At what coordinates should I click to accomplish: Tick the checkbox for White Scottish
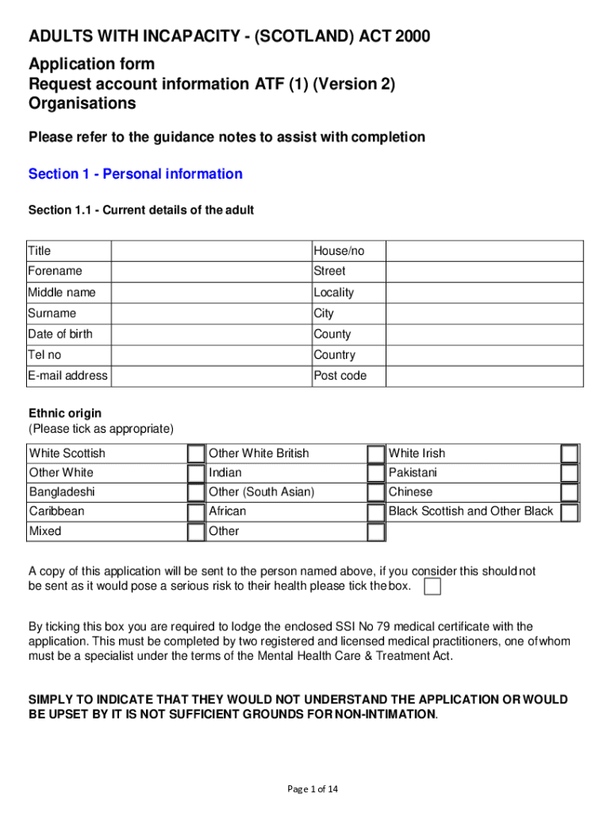(x=196, y=453)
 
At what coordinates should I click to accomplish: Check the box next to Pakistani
(x=569, y=473)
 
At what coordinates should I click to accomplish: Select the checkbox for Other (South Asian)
(x=375, y=492)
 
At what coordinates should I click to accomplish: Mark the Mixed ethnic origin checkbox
(x=196, y=531)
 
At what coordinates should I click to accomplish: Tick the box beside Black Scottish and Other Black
(x=569, y=512)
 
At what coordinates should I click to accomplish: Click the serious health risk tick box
(x=432, y=587)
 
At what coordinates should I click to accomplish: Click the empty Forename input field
(x=210, y=272)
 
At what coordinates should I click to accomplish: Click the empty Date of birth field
(x=210, y=334)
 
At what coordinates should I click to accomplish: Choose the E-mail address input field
(x=210, y=376)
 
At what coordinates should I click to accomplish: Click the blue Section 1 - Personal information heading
(x=136, y=174)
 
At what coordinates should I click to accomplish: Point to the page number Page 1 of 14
(x=313, y=788)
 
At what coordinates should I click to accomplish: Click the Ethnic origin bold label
(x=65, y=414)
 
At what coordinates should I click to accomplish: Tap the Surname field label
(x=52, y=314)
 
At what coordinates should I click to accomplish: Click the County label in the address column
(x=332, y=334)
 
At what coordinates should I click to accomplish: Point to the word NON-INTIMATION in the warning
(x=386, y=714)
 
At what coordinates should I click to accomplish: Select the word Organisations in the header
(x=83, y=103)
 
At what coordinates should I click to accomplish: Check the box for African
(x=375, y=512)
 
